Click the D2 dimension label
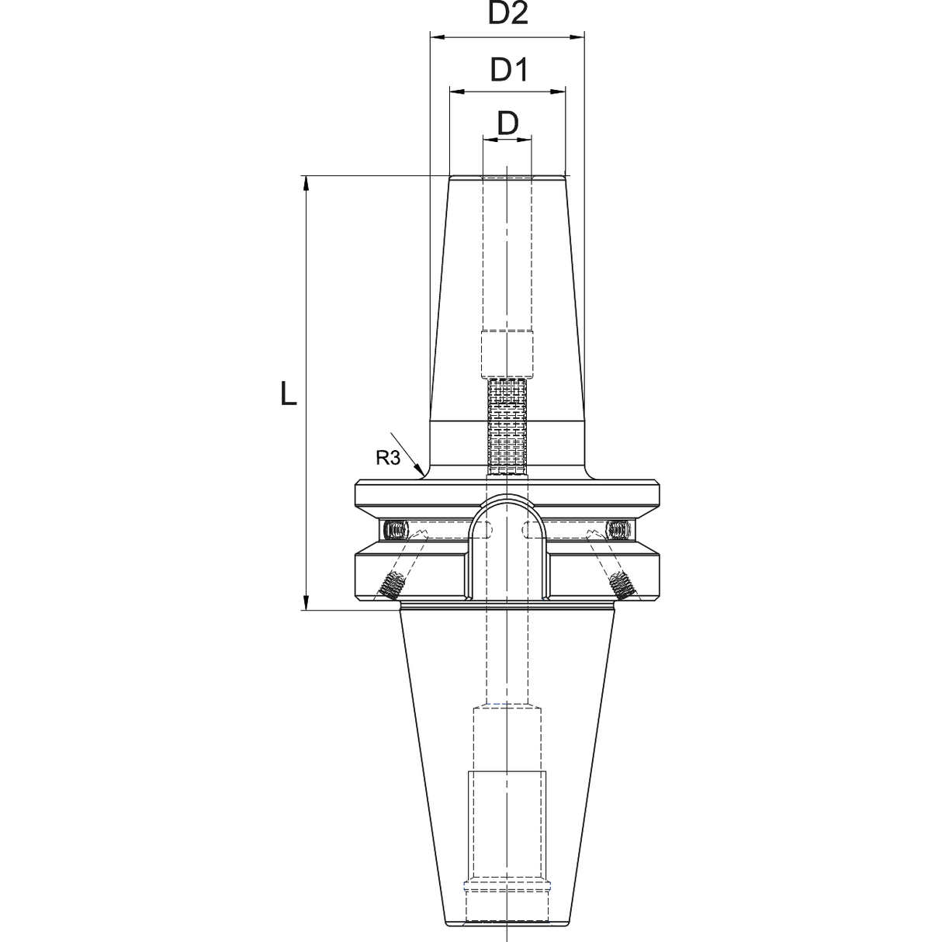pos(508,13)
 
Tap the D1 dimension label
pos(508,71)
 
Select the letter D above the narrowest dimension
pos(507,123)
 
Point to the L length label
pos(288,395)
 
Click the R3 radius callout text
pos(387,458)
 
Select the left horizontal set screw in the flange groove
pos(396,531)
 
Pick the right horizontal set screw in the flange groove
pos(618,531)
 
